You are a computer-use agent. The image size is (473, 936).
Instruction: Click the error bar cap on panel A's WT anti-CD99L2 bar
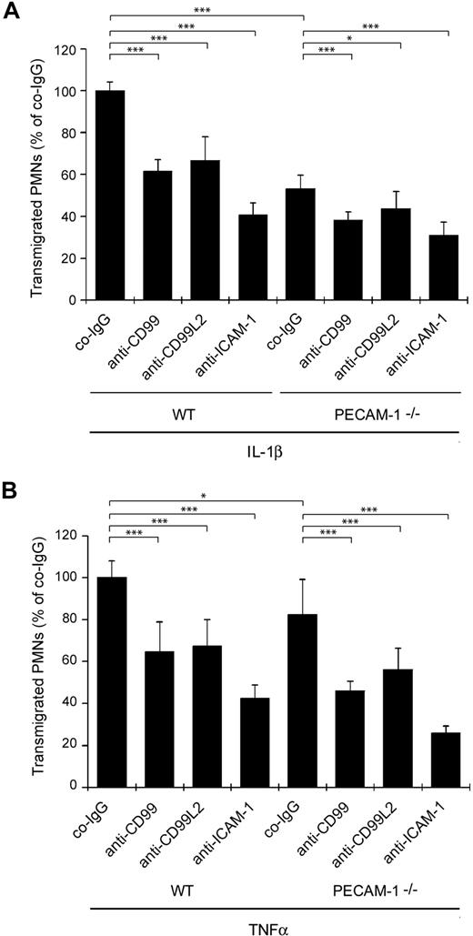point(207,137)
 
